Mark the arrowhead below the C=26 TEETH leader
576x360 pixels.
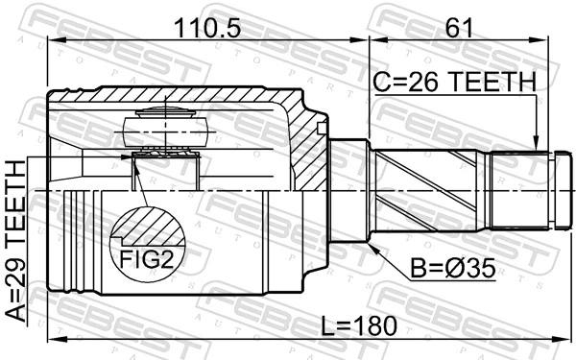pyautogui.click(x=536, y=146)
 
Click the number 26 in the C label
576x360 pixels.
pyautogui.click(x=420, y=84)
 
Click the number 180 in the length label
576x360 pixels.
pyautogui.click(x=374, y=325)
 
